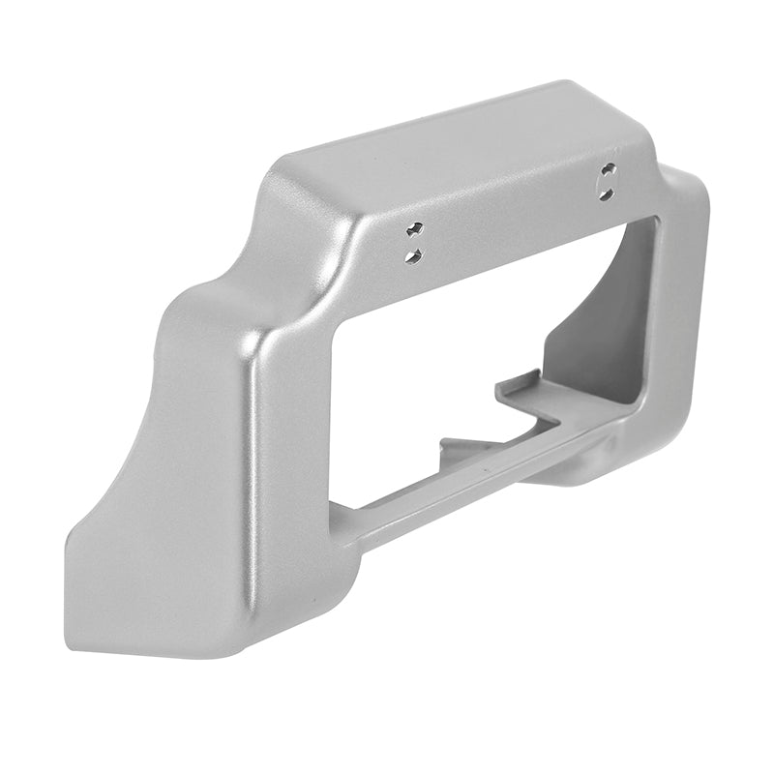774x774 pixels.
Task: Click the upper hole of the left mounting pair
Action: click(415, 230)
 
